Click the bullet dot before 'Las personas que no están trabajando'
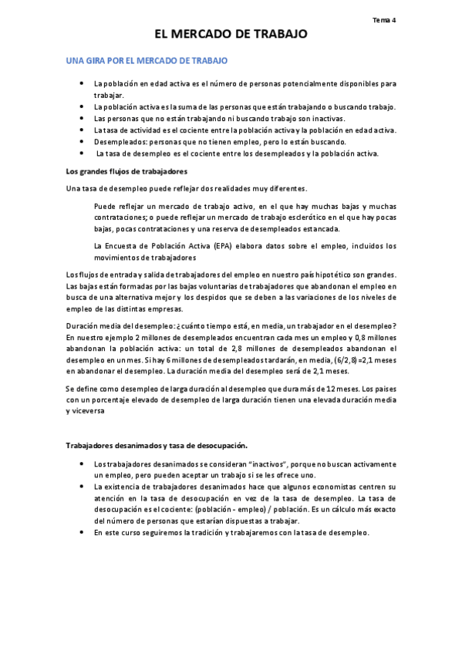(x=82, y=118)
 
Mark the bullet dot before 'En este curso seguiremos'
(x=82, y=533)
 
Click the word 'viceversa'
(x=89, y=411)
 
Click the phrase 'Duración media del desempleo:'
(x=121, y=326)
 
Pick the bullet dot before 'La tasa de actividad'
(x=82, y=130)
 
